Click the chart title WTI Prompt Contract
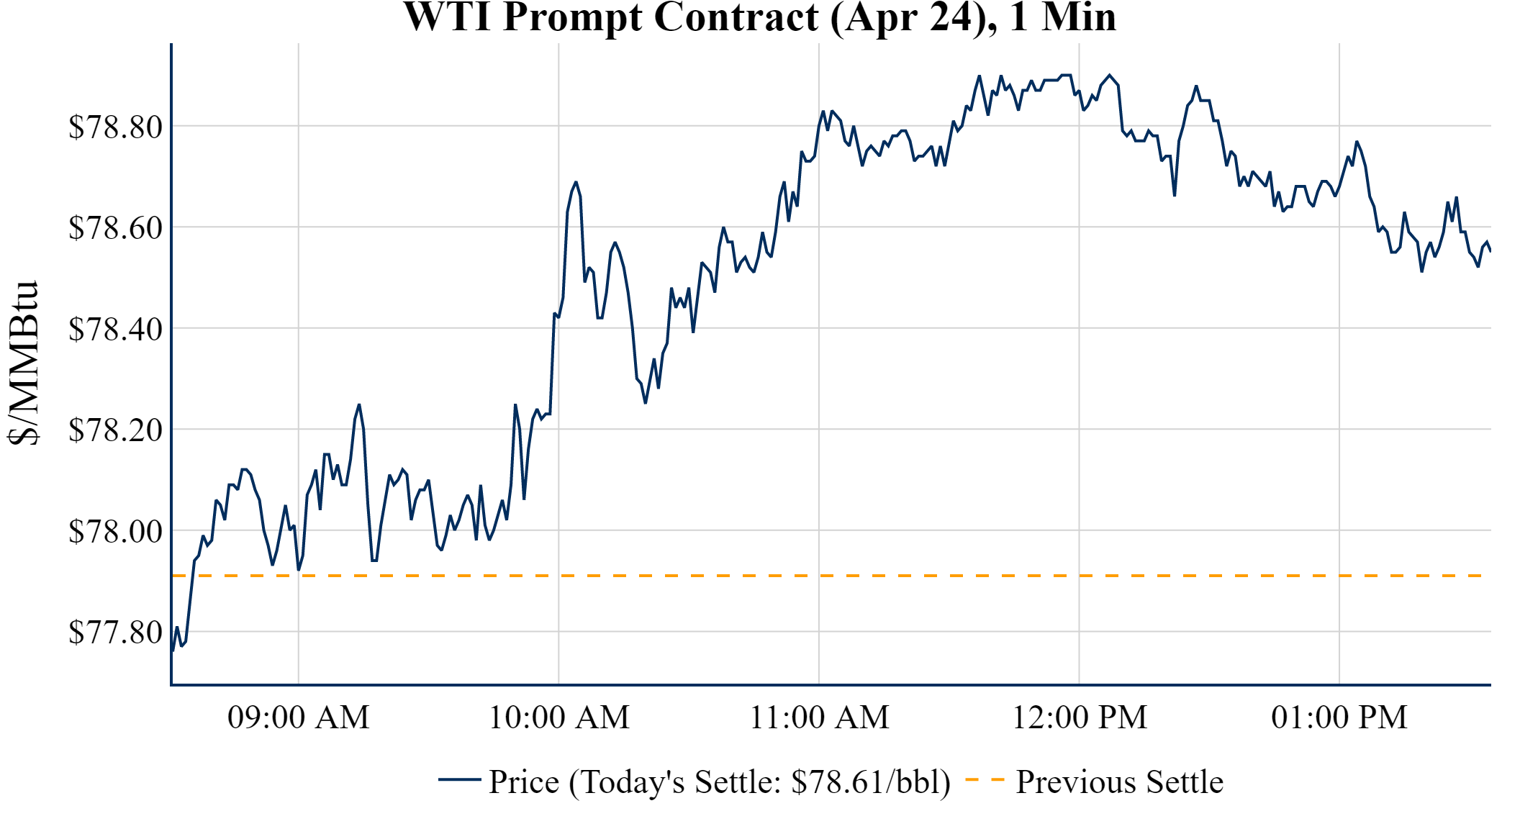pyautogui.click(x=759, y=17)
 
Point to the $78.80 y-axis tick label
pyautogui.click(x=115, y=127)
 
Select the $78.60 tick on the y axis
pyautogui.click(x=115, y=227)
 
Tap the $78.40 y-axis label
pyautogui.click(x=115, y=329)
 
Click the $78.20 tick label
pyautogui.click(x=115, y=430)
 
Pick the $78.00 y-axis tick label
pyautogui.click(x=115, y=531)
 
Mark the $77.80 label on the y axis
pyautogui.click(x=115, y=632)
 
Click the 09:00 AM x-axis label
pyautogui.click(x=299, y=717)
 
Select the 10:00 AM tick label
pyautogui.click(x=559, y=717)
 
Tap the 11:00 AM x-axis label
pyautogui.click(x=820, y=717)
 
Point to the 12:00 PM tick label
pyautogui.click(x=1080, y=717)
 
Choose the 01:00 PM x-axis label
pyautogui.click(x=1339, y=717)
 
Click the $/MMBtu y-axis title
pyautogui.click(x=23, y=363)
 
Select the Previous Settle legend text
pyautogui.click(x=1119, y=782)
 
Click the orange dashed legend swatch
pyautogui.click(x=984, y=779)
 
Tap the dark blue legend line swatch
pyautogui.click(x=459, y=779)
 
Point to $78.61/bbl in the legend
pyautogui.click(x=870, y=782)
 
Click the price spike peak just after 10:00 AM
pyautogui.click(x=576, y=182)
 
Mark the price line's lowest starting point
pyautogui.click(x=173, y=651)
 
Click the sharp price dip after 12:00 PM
pyautogui.click(x=1175, y=195)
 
